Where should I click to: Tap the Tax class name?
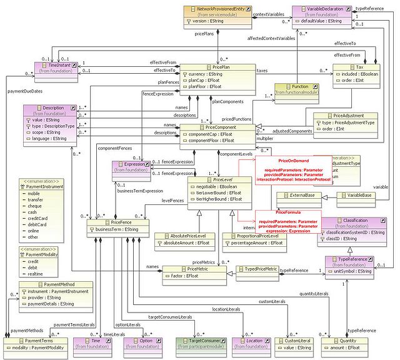[359, 67]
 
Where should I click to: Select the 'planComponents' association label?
[228, 101]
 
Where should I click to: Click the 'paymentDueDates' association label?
[24, 92]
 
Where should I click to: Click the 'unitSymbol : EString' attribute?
[350, 271]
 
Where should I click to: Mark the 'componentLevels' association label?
[235, 153]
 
